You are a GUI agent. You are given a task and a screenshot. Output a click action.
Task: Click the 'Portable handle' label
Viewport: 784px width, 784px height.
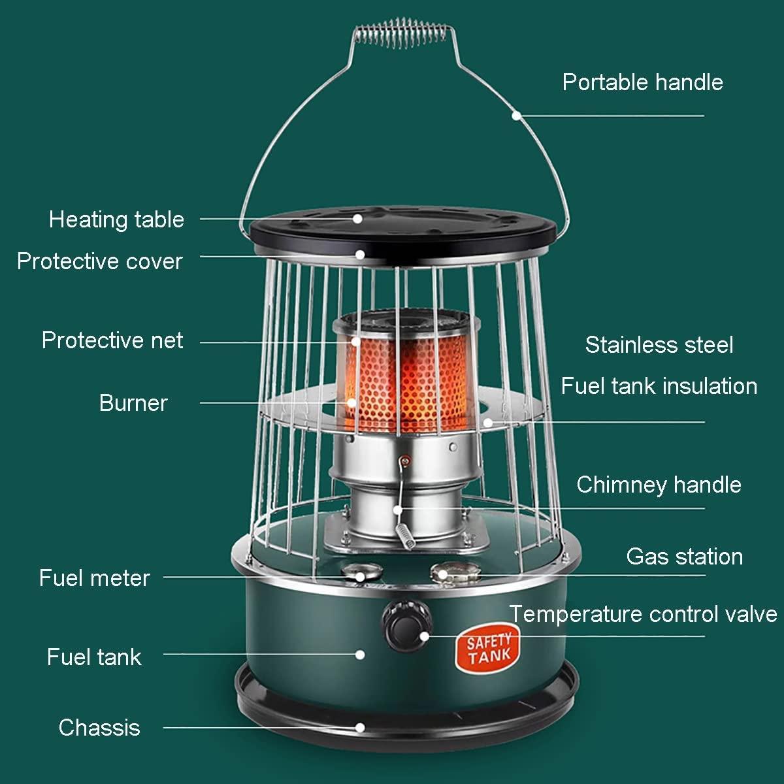642,82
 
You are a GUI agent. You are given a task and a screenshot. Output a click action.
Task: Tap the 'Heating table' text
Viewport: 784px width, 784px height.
116,220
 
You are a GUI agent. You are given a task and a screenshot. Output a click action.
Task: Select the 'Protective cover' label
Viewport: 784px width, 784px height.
100,261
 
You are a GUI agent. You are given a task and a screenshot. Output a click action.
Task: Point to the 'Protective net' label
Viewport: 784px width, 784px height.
112,340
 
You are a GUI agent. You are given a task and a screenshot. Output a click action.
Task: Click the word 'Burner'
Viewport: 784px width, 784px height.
133,403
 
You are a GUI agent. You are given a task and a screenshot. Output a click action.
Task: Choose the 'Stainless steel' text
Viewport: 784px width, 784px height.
659,345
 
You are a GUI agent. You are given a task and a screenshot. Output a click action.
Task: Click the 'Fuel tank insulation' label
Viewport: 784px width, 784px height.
659,385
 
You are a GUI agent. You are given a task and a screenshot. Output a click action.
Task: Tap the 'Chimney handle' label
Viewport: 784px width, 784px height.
659,485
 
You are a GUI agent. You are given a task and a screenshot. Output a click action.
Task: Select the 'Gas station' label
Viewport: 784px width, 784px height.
684,557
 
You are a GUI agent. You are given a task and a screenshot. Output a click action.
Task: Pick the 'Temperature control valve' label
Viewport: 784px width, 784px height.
644,614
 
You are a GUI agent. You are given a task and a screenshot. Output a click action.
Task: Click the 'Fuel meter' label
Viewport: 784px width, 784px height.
94,578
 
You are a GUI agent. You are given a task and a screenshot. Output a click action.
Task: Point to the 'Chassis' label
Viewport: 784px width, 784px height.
99,727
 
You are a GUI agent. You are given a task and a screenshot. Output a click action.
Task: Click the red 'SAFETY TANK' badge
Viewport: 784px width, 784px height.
488,649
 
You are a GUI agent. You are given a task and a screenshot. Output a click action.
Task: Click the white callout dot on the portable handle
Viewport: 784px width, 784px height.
516,116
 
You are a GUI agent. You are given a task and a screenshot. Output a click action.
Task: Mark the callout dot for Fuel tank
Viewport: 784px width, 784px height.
359,654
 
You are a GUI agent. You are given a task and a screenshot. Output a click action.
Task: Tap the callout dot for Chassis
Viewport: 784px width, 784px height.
359,727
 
